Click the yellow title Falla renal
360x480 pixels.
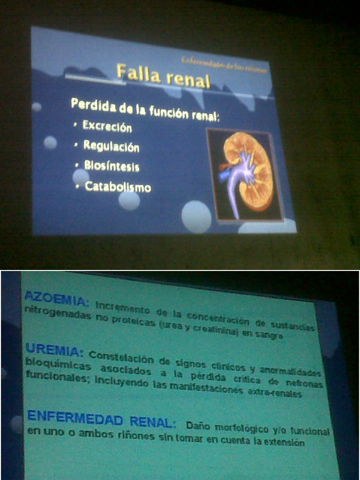click(163, 76)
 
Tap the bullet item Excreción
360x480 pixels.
click(107, 126)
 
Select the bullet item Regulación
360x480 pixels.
click(111, 146)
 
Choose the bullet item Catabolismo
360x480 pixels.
click(118, 187)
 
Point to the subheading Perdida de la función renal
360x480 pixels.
click(145, 109)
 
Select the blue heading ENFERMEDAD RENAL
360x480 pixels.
click(101, 418)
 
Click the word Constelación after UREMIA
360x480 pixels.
click(121, 357)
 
